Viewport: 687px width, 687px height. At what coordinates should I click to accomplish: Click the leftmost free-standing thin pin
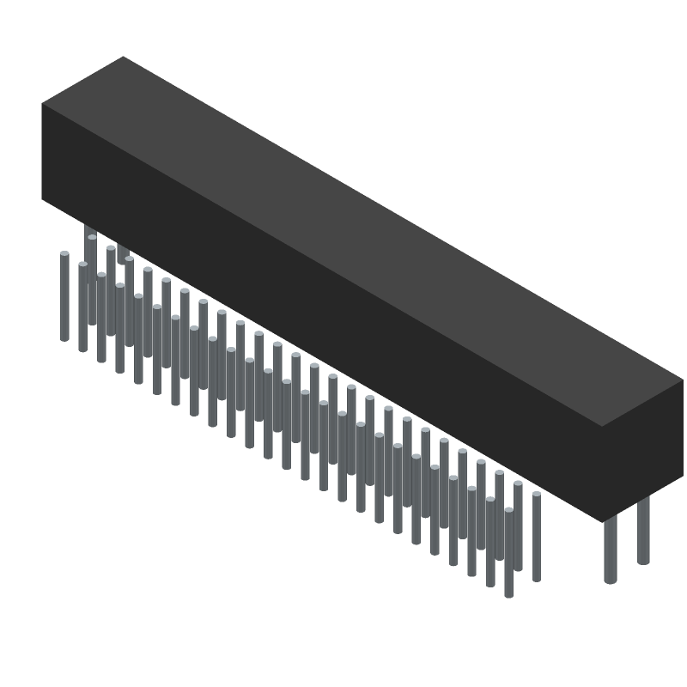[x=64, y=296]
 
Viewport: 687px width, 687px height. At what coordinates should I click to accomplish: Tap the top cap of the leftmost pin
[x=64, y=253]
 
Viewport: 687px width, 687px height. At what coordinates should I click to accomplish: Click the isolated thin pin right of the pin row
[x=537, y=537]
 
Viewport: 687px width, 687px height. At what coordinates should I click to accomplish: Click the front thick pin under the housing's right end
[x=611, y=550]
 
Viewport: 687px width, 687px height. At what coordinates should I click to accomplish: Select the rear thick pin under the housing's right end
[x=643, y=532]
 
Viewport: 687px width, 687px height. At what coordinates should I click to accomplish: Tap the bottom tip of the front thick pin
[x=611, y=581]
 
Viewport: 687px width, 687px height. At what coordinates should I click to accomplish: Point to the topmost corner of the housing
[x=124, y=57]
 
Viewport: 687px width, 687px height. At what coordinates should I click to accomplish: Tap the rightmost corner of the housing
[x=684, y=378]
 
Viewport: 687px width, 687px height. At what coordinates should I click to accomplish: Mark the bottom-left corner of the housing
[x=42, y=199]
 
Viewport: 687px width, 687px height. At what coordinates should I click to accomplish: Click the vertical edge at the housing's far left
[x=42, y=151]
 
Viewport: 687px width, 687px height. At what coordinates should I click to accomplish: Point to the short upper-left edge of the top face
[x=82, y=80]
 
